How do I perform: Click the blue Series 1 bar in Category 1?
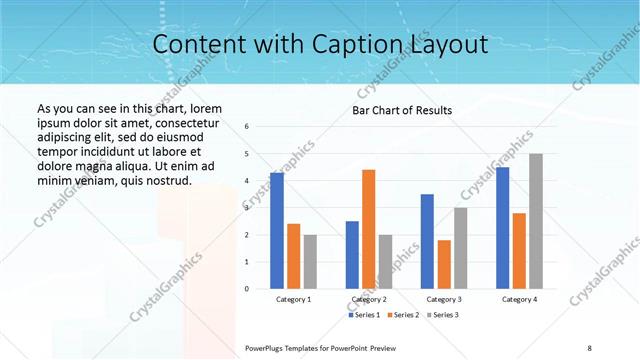pyautogui.click(x=276, y=231)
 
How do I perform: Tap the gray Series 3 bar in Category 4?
pyautogui.click(x=536, y=221)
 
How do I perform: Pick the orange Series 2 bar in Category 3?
pyautogui.click(x=444, y=264)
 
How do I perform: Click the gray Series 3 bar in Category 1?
pyautogui.click(x=310, y=262)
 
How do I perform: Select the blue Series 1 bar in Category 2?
pyautogui.click(x=352, y=255)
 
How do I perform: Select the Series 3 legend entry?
pyautogui.click(x=444, y=315)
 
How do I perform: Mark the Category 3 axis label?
pyautogui.click(x=444, y=299)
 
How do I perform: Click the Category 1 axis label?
pyautogui.click(x=293, y=299)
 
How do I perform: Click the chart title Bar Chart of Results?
pyautogui.click(x=401, y=110)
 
